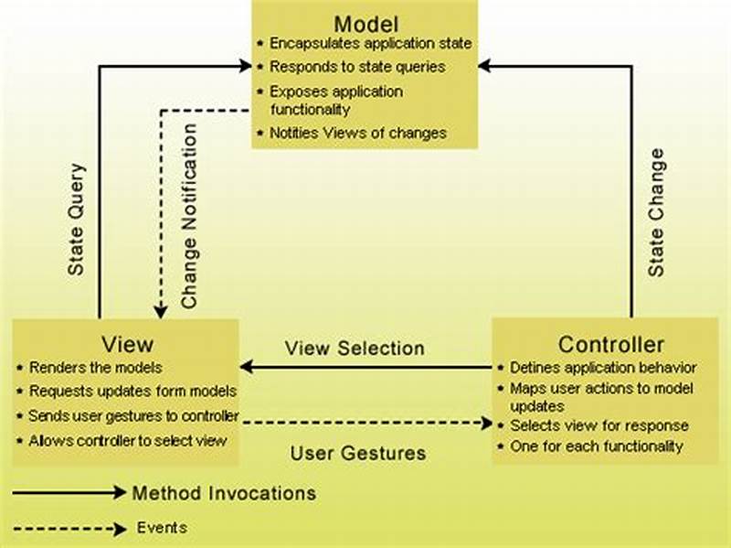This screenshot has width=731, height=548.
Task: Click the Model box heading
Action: [365, 23]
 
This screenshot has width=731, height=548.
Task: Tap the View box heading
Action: [126, 344]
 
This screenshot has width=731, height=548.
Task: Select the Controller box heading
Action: [611, 345]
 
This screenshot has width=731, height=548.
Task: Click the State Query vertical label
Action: [77, 220]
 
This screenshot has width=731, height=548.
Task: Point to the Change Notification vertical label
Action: [190, 216]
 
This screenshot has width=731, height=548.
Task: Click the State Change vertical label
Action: [656, 212]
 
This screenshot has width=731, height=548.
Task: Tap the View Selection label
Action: [355, 349]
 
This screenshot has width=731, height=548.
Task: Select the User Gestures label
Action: [358, 453]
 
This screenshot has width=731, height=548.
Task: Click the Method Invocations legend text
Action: [224, 493]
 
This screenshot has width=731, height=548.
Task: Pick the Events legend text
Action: [162, 527]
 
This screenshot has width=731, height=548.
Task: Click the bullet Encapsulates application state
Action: [370, 43]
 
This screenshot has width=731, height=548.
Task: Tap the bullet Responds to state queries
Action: [357, 67]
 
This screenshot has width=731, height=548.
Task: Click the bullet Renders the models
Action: [95, 368]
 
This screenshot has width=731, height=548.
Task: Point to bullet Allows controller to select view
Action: [127, 441]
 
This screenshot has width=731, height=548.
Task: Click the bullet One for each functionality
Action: [596, 446]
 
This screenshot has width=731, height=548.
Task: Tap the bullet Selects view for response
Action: [599, 425]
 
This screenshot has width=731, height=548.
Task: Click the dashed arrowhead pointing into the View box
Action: [160, 312]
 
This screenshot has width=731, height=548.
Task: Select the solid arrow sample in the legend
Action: [69, 493]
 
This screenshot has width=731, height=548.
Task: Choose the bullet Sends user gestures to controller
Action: [133, 416]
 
